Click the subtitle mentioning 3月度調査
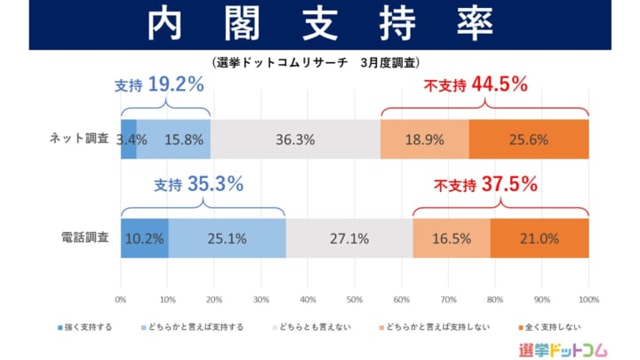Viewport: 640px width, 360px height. (x=316, y=63)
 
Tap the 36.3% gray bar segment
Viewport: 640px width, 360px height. (x=294, y=140)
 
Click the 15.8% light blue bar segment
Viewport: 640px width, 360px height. (x=174, y=140)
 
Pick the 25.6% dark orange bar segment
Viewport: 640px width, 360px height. (x=529, y=140)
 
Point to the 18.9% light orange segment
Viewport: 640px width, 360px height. (x=424, y=140)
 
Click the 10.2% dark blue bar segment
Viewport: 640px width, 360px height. (x=144, y=238)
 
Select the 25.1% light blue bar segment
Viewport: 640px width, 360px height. (x=228, y=238)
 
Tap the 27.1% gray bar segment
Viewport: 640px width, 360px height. (x=349, y=238)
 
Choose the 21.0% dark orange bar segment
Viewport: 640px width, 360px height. (x=539, y=238)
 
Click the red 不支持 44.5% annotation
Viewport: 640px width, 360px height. (x=476, y=86)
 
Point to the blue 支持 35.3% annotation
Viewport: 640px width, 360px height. (x=198, y=186)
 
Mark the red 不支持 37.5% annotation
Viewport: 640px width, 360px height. (x=485, y=186)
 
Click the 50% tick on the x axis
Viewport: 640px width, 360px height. (x=355, y=298)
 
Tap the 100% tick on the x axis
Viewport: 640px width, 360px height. (x=588, y=298)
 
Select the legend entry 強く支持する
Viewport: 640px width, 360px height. (x=84, y=327)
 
